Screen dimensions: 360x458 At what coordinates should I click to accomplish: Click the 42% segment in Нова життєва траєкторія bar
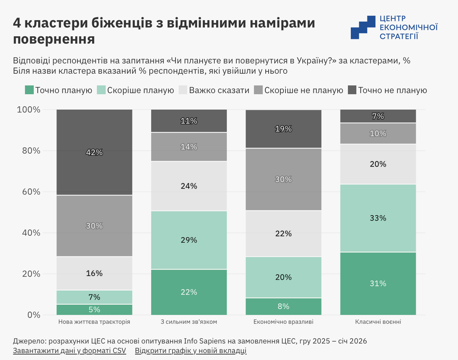click(94, 153)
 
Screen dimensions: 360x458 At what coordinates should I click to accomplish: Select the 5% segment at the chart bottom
click(94, 310)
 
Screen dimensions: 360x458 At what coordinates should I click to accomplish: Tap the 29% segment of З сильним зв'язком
click(189, 240)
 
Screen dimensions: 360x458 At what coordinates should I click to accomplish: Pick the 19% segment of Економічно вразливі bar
click(283, 129)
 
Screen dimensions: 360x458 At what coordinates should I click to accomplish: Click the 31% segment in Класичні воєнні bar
click(378, 283)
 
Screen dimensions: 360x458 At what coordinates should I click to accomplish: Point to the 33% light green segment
click(378, 218)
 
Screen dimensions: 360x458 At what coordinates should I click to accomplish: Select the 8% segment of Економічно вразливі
click(283, 306)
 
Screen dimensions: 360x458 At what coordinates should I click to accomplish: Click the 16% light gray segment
click(94, 273)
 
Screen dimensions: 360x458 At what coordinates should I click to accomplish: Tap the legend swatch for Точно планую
click(29, 90)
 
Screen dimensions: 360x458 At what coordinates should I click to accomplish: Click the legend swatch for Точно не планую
click(352, 90)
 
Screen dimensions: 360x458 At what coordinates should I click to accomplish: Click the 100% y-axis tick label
click(29, 110)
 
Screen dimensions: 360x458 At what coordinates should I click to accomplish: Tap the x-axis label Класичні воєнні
click(378, 322)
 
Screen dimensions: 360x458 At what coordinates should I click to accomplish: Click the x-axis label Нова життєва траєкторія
click(94, 322)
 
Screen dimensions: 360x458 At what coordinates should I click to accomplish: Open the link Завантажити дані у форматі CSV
click(69, 351)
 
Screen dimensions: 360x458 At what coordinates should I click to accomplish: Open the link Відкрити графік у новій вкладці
click(190, 351)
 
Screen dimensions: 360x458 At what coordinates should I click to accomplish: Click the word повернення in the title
click(54, 39)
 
